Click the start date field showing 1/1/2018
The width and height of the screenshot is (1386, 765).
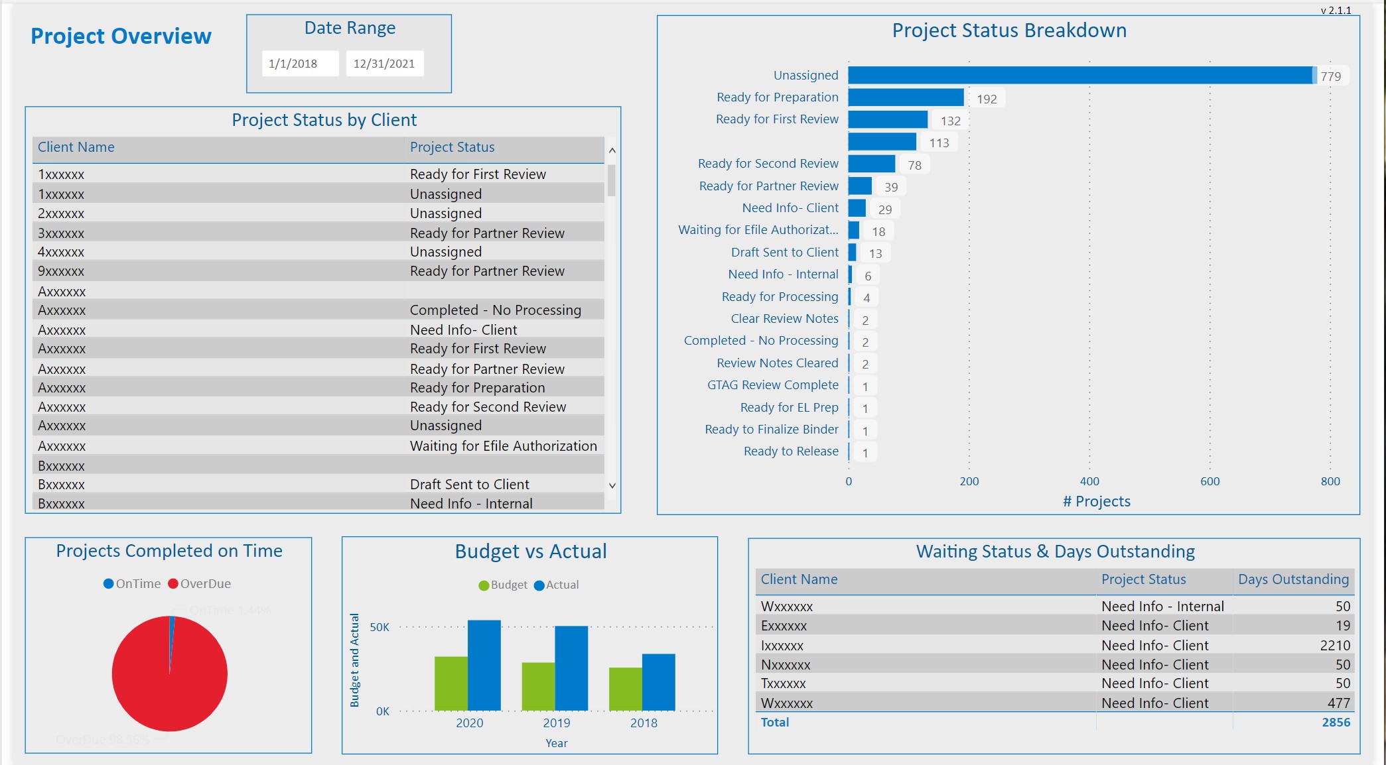click(300, 64)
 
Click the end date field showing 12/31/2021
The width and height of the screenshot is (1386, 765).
click(384, 64)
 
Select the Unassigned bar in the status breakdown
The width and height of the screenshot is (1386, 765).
click(1080, 76)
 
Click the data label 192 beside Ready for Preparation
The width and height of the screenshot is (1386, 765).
click(987, 99)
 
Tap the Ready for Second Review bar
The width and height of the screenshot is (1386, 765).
click(871, 164)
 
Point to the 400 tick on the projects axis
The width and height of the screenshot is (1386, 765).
click(1089, 481)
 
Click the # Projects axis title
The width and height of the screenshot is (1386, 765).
click(1096, 501)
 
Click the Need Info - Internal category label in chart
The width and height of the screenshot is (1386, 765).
click(783, 274)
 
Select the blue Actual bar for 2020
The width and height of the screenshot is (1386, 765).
click(484, 665)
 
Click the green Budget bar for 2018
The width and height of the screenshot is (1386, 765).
click(625, 689)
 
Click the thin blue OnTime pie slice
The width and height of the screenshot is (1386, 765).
click(172, 630)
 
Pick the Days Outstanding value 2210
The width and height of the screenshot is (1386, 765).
click(1335, 645)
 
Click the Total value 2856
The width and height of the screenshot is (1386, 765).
click(1336, 722)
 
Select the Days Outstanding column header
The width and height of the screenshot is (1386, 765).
click(1293, 579)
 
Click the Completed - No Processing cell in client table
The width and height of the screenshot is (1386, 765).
click(495, 310)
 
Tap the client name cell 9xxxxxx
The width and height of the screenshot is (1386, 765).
click(61, 271)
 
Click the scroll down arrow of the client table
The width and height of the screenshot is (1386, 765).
click(612, 485)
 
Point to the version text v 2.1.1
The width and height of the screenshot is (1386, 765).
click(1336, 10)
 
